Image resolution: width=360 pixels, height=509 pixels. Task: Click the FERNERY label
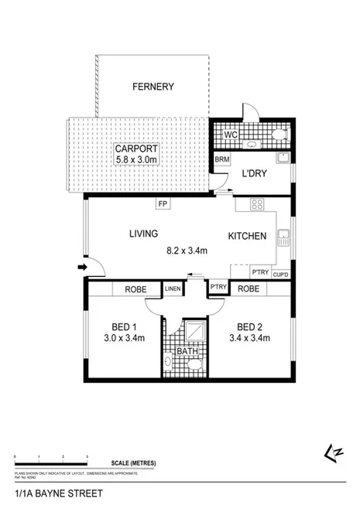click(152, 87)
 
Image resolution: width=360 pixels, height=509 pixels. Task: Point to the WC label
click(230, 135)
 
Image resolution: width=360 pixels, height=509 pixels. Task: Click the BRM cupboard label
click(221, 159)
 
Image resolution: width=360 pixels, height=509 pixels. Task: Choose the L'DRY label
click(254, 174)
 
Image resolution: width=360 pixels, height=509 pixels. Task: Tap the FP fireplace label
click(163, 204)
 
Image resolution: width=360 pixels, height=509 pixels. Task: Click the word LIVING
click(143, 233)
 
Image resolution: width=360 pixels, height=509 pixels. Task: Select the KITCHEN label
click(248, 236)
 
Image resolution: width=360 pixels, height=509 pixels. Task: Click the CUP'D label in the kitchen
click(280, 273)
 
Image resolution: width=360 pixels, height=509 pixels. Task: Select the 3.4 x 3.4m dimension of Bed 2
click(252, 337)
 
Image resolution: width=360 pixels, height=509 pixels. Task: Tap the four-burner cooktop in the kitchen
click(258, 206)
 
